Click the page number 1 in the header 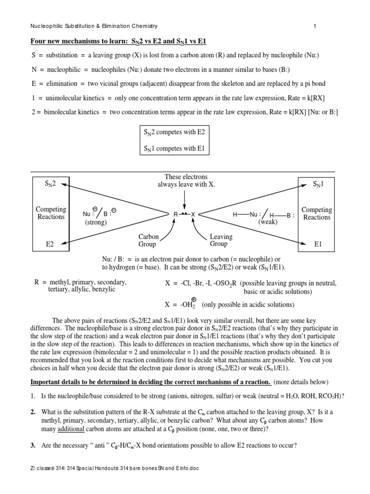[315, 26]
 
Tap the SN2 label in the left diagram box [50, 184]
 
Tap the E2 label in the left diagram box [50, 245]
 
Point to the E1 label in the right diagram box [317, 245]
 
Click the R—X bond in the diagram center [185, 214]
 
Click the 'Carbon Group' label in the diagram [148, 240]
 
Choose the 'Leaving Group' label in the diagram [221, 240]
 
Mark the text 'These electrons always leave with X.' [186, 181]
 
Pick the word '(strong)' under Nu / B [96, 222]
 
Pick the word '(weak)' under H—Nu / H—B [268, 222]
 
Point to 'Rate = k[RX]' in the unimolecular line [304, 98]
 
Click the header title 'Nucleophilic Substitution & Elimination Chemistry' [91, 26]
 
